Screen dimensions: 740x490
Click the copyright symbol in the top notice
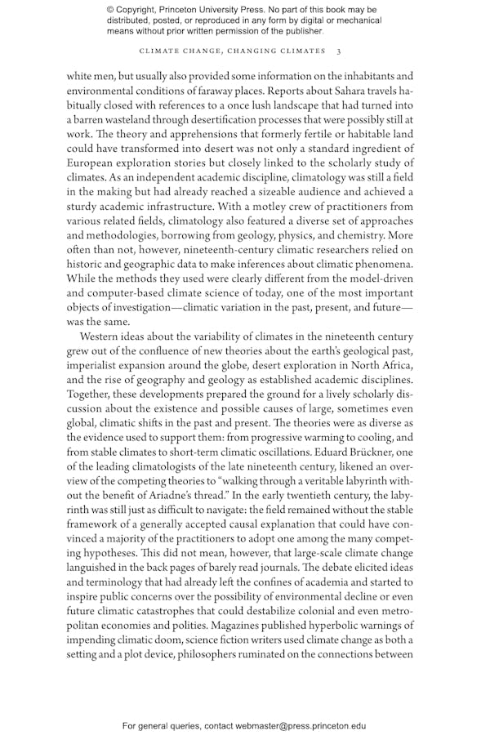click(111, 9)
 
